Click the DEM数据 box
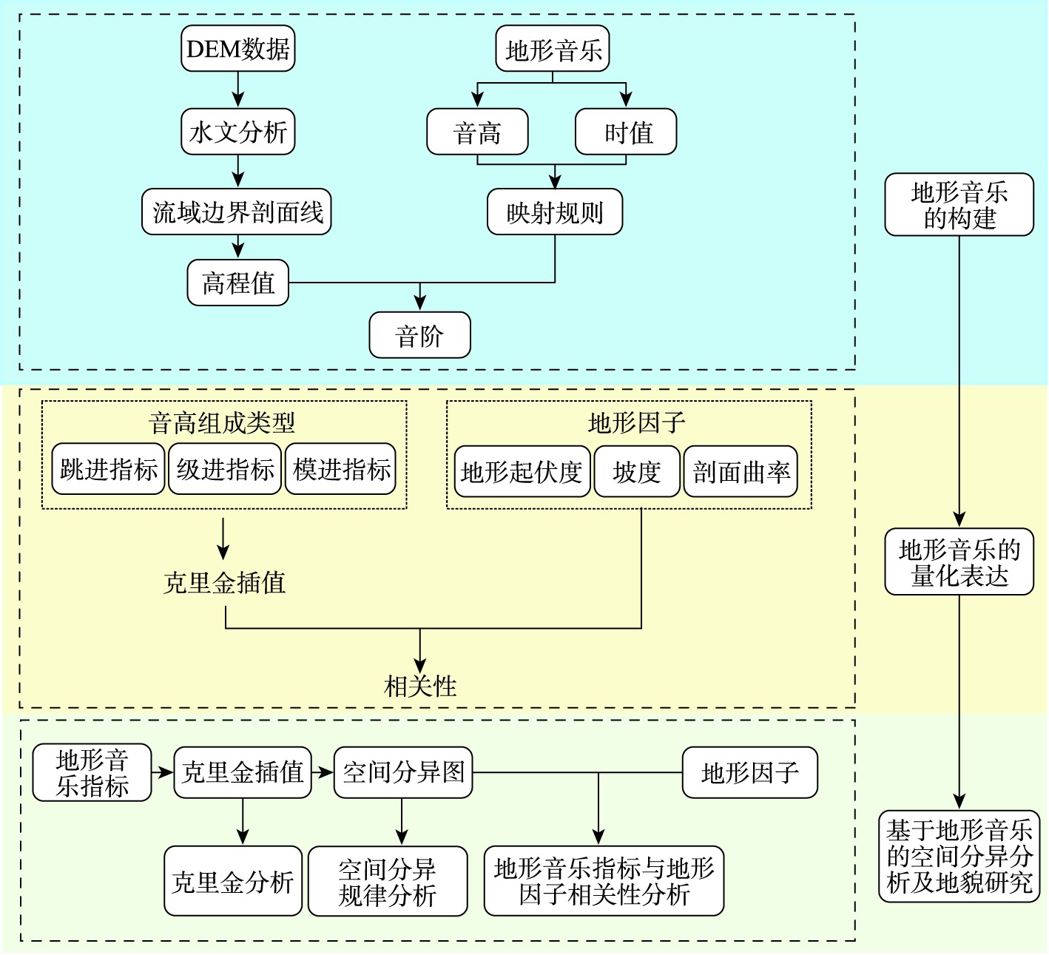click(x=237, y=49)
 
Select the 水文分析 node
click(x=237, y=132)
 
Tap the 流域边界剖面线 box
click(x=237, y=212)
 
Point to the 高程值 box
click(x=237, y=283)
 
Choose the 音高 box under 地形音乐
click(x=477, y=132)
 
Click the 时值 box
click(x=626, y=132)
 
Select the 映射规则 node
click(x=555, y=212)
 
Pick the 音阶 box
click(x=419, y=336)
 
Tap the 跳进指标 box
click(x=108, y=470)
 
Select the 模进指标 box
click(x=341, y=470)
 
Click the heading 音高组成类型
click(x=222, y=423)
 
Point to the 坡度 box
click(x=636, y=471)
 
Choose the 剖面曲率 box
click(x=741, y=471)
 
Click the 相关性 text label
click(x=420, y=686)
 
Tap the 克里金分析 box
click(x=233, y=881)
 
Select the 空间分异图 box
click(x=403, y=772)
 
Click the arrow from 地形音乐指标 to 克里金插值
click(x=163, y=772)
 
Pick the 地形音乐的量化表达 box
click(x=959, y=562)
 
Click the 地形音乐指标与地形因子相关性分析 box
click(x=604, y=881)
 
